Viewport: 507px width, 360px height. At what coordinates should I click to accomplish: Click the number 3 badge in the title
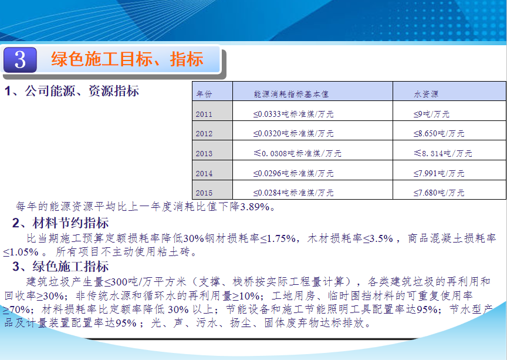20,60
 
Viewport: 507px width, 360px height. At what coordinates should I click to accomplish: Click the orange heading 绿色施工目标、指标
127,59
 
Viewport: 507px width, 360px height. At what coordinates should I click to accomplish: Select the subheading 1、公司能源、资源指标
72,91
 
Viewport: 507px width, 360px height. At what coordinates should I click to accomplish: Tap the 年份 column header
204,94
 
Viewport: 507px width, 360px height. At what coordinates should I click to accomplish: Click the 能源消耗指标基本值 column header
291,94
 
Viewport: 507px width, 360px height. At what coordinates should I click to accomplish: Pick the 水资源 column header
426,94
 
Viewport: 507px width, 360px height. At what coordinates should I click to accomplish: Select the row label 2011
204,115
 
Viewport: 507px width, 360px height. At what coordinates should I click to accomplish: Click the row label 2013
204,153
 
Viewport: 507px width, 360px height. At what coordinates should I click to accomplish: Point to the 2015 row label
204,193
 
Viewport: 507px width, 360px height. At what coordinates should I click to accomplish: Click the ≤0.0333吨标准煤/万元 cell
293,114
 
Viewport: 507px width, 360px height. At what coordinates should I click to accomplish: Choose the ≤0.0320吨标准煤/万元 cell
293,133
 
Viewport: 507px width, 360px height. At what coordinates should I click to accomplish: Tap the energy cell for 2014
293,173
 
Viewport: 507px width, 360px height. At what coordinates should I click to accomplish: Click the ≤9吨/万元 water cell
431,114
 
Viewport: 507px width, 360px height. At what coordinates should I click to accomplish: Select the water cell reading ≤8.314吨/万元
443,153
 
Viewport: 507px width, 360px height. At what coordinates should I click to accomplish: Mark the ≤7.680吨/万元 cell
439,193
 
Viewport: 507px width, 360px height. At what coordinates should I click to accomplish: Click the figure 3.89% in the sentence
255,207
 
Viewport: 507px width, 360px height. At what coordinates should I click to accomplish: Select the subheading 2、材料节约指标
60,223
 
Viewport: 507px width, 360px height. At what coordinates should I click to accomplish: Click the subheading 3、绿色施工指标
60,267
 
